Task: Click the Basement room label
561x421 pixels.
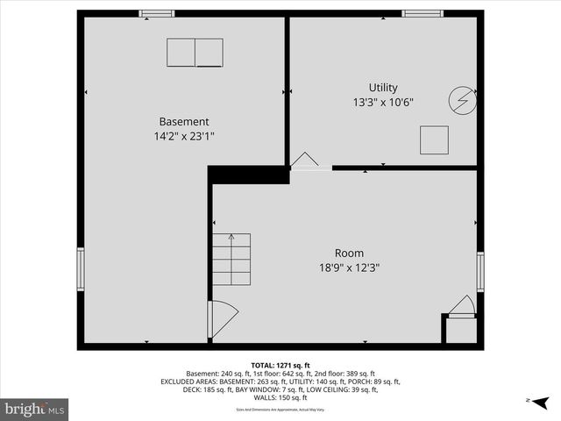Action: click(x=183, y=121)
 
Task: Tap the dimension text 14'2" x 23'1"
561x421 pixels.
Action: click(x=183, y=136)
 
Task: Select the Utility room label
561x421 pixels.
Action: click(x=383, y=88)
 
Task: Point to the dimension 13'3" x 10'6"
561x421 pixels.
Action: click(x=383, y=103)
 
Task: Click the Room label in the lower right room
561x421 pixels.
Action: click(x=349, y=253)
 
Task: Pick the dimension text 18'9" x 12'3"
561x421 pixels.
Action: click(x=349, y=268)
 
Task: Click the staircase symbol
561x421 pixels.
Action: click(x=231, y=259)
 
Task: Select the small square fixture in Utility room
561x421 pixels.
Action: click(x=434, y=139)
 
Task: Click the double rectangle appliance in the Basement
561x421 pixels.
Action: click(x=195, y=53)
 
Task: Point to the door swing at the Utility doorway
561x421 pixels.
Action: click(x=304, y=160)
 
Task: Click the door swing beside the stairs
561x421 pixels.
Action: click(x=221, y=318)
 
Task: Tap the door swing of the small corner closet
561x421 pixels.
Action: click(x=462, y=305)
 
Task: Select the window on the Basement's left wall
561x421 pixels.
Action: click(x=81, y=268)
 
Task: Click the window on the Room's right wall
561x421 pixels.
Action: click(x=479, y=272)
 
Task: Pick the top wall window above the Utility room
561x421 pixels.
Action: click(x=423, y=13)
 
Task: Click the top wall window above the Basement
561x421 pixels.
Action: click(x=157, y=13)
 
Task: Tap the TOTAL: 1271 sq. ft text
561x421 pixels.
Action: click(x=280, y=365)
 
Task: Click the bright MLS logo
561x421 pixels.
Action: click(x=35, y=409)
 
